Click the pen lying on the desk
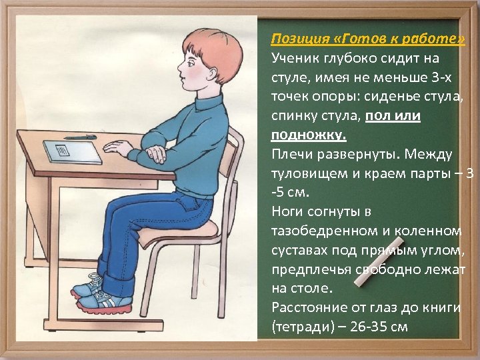[80, 138]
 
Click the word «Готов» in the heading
[343, 38]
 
